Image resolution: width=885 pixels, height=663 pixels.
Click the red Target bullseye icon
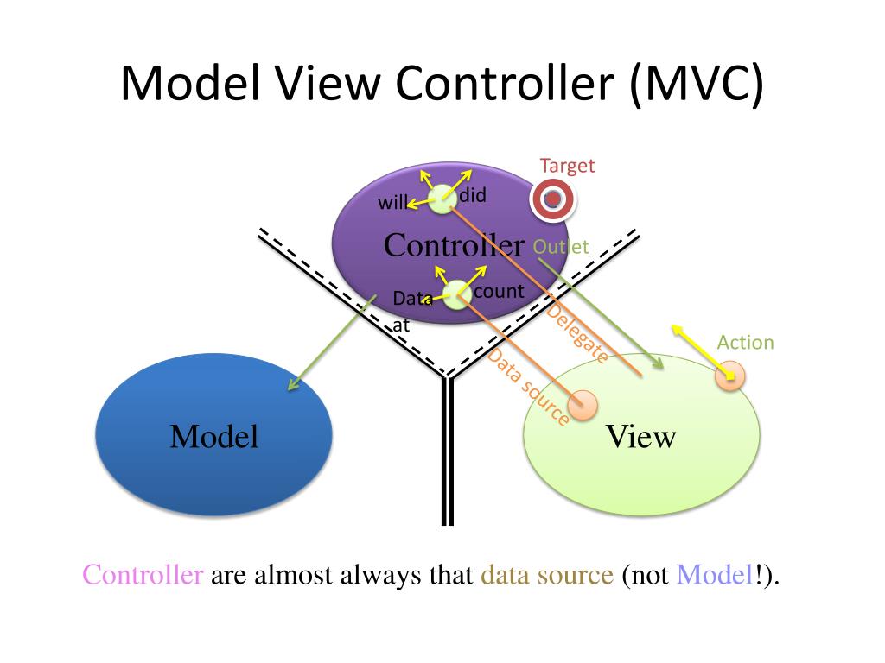click(x=552, y=200)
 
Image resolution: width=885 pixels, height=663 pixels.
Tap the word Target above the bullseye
click(x=567, y=166)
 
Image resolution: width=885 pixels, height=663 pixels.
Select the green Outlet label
click(x=561, y=247)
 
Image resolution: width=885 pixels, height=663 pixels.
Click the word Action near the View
click(x=745, y=343)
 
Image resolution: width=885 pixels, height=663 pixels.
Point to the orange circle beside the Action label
click(x=729, y=376)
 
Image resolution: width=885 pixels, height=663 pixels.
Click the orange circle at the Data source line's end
click(x=583, y=403)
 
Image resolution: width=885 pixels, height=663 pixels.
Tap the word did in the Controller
click(x=473, y=196)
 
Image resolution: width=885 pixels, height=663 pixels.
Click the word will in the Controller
click(x=393, y=205)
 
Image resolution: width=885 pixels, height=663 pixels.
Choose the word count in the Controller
click(x=499, y=291)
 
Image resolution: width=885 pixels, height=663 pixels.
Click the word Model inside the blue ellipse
click(x=214, y=437)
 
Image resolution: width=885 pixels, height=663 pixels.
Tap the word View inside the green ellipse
click(x=640, y=437)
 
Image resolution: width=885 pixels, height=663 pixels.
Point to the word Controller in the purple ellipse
click(x=454, y=245)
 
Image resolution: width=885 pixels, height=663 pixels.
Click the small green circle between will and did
click(x=442, y=199)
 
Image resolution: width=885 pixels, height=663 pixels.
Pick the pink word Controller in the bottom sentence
click(x=143, y=575)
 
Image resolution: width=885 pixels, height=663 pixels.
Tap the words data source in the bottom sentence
click(x=546, y=575)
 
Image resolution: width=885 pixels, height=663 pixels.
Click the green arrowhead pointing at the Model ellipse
click(x=292, y=385)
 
